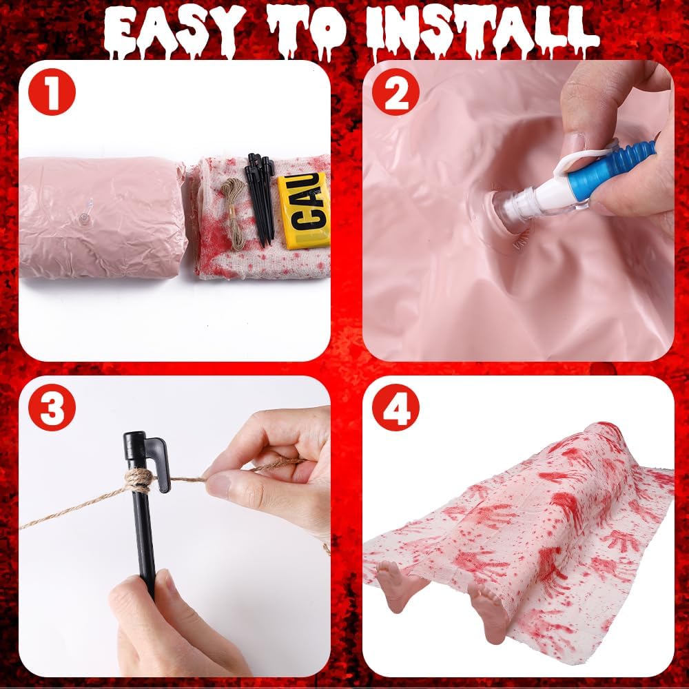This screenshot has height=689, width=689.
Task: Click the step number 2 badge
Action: [x=395, y=94]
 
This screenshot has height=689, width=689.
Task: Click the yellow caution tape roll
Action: [x=303, y=210]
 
